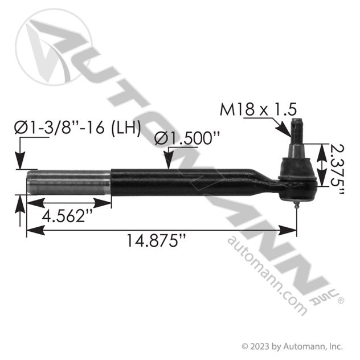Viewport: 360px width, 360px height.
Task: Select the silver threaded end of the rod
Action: (68, 184)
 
